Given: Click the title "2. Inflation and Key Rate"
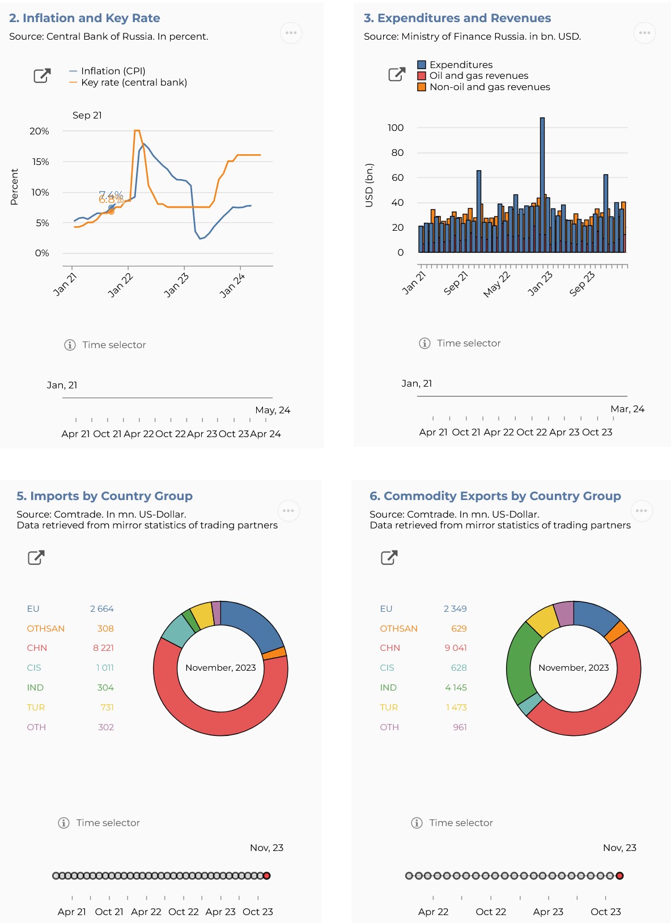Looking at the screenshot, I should pyautogui.click(x=84, y=18).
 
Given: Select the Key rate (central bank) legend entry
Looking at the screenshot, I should pyautogui.click(x=134, y=82).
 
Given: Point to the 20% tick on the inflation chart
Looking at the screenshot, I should pyautogui.click(x=39, y=131).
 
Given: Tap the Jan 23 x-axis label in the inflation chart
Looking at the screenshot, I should pyautogui.click(x=176, y=285).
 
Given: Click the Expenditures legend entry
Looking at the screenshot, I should pyautogui.click(x=461, y=65).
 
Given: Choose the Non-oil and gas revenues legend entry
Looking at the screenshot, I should pyautogui.click(x=489, y=87).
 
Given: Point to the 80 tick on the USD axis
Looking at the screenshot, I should pyautogui.click(x=397, y=153).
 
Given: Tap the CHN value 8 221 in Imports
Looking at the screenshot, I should pyautogui.click(x=103, y=648).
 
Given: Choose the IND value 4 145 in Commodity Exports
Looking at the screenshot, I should pyautogui.click(x=456, y=688).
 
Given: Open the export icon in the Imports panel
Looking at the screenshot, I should pyautogui.click(x=36, y=558).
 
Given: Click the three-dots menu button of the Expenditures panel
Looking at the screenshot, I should pyautogui.click(x=644, y=33).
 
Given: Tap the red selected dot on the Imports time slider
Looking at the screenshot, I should pyautogui.click(x=267, y=876).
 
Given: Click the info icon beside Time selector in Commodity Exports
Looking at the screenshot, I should pyautogui.click(x=417, y=823).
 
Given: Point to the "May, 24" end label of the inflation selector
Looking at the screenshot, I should pyautogui.click(x=273, y=410).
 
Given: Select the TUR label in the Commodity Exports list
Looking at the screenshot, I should pyautogui.click(x=389, y=708).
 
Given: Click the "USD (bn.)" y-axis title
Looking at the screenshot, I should pyautogui.click(x=370, y=185).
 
